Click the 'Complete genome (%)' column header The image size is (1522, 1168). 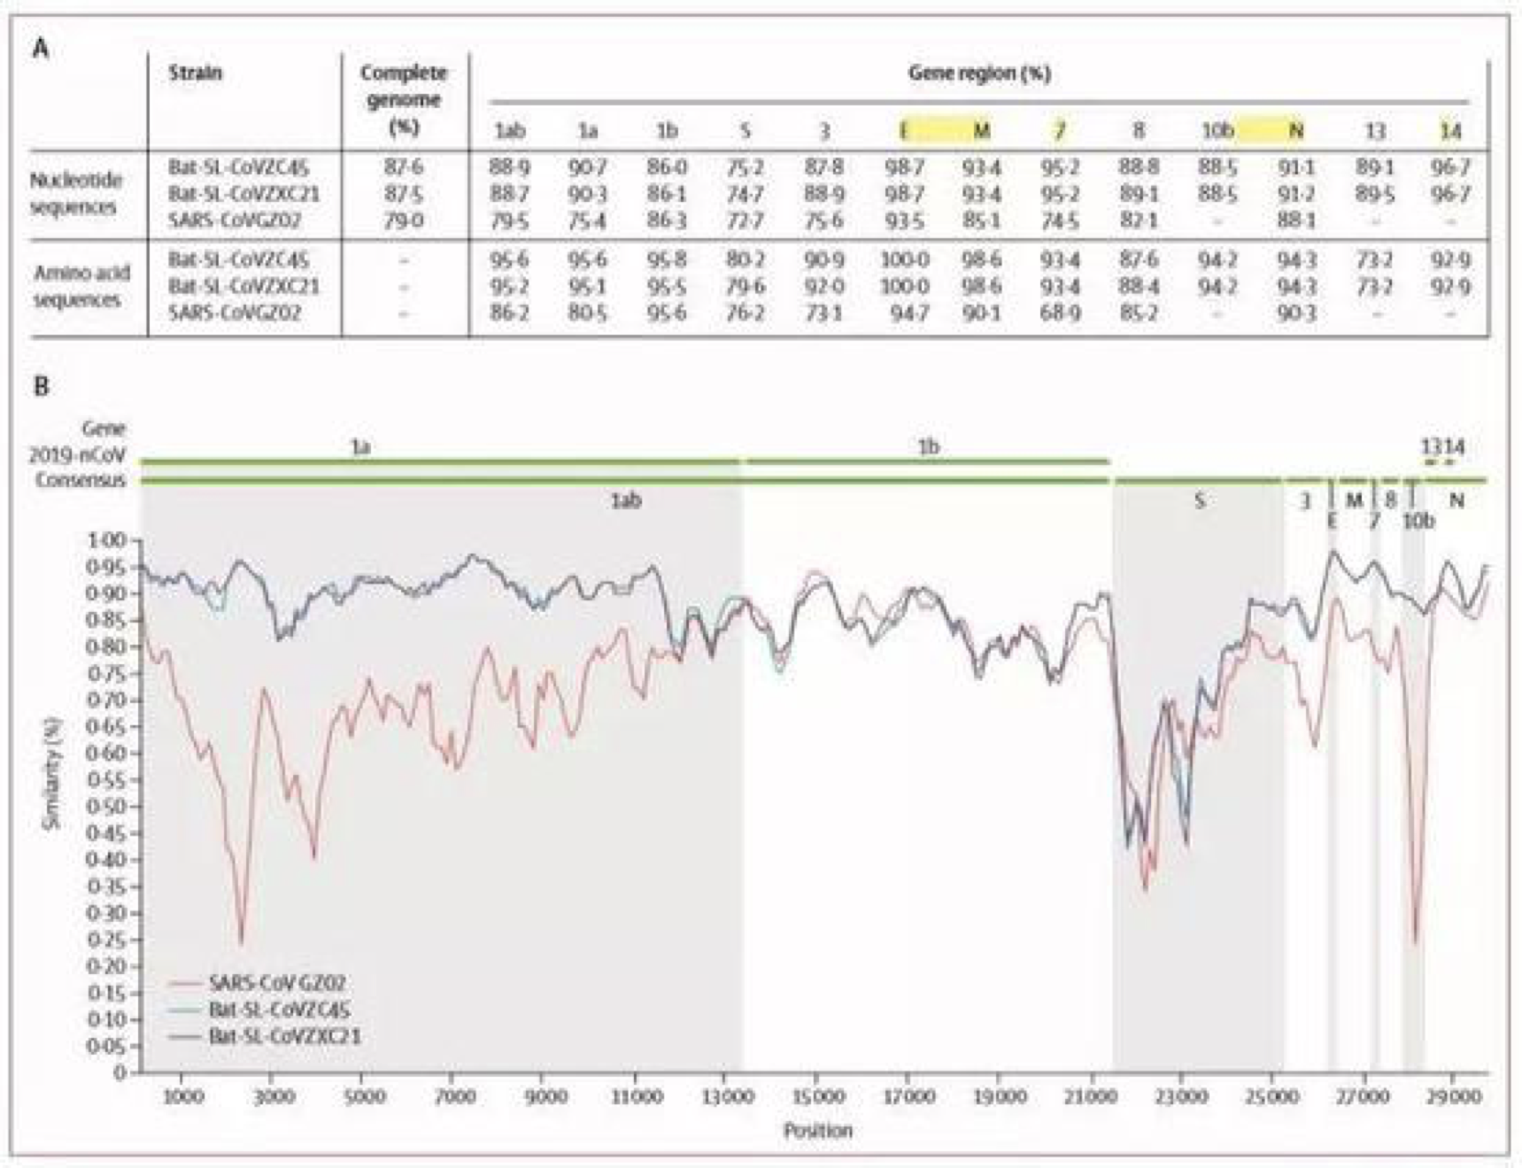click(x=404, y=99)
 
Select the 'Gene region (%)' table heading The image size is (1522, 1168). click(x=979, y=73)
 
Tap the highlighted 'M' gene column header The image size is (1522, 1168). click(x=981, y=131)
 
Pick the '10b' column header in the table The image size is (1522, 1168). click(x=1217, y=131)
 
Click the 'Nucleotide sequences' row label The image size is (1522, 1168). click(x=75, y=194)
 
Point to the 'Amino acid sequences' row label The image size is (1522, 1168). click(x=78, y=286)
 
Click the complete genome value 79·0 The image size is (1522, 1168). click(x=404, y=220)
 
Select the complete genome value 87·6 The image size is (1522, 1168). click(x=404, y=167)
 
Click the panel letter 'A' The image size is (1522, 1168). click(x=40, y=49)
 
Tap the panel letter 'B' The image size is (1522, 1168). click(x=41, y=386)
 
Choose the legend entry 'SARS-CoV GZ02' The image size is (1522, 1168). click(x=276, y=983)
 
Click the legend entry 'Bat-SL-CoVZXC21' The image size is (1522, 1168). click(x=284, y=1036)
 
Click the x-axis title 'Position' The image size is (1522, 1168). click(x=817, y=1131)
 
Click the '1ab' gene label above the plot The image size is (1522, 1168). click(x=625, y=501)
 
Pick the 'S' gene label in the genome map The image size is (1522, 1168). click(x=1200, y=501)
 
